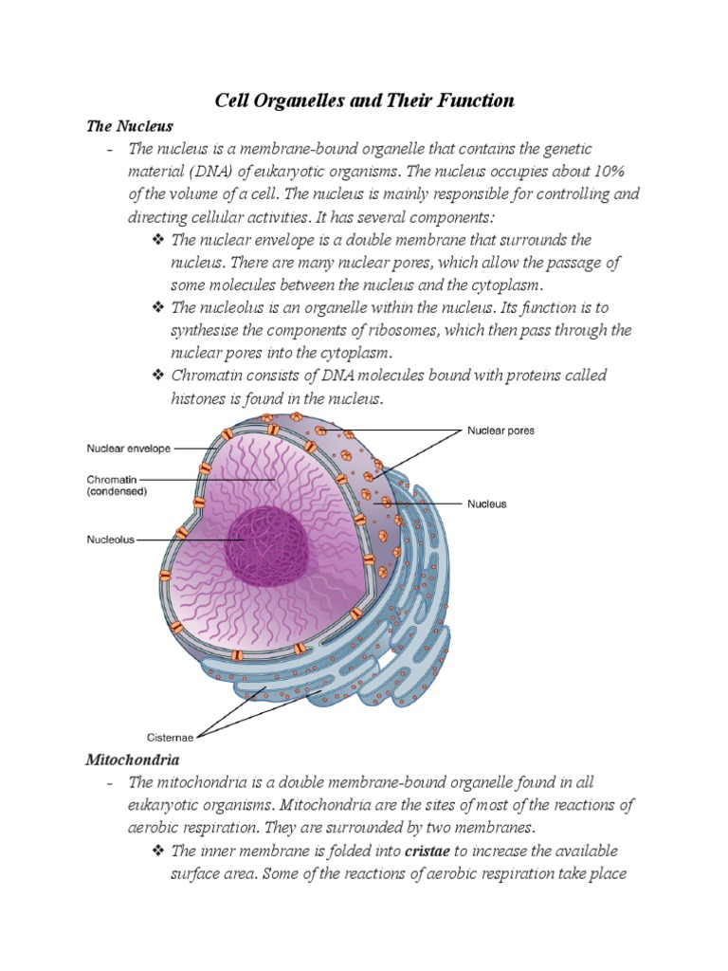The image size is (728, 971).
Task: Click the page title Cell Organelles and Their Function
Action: (x=363, y=101)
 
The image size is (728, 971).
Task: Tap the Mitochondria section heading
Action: (x=133, y=760)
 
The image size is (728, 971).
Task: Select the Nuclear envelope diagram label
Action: (x=128, y=449)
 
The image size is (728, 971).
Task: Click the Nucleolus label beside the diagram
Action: (x=112, y=539)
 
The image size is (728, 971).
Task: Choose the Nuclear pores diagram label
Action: (x=500, y=431)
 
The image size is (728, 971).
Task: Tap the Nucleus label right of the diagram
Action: (x=487, y=504)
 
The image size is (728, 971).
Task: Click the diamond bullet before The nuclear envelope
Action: (x=158, y=240)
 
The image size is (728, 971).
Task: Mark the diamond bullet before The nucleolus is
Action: (x=158, y=308)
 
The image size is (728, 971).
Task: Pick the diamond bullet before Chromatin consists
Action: (x=158, y=376)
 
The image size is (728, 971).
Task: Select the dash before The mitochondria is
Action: (x=111, y=783)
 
